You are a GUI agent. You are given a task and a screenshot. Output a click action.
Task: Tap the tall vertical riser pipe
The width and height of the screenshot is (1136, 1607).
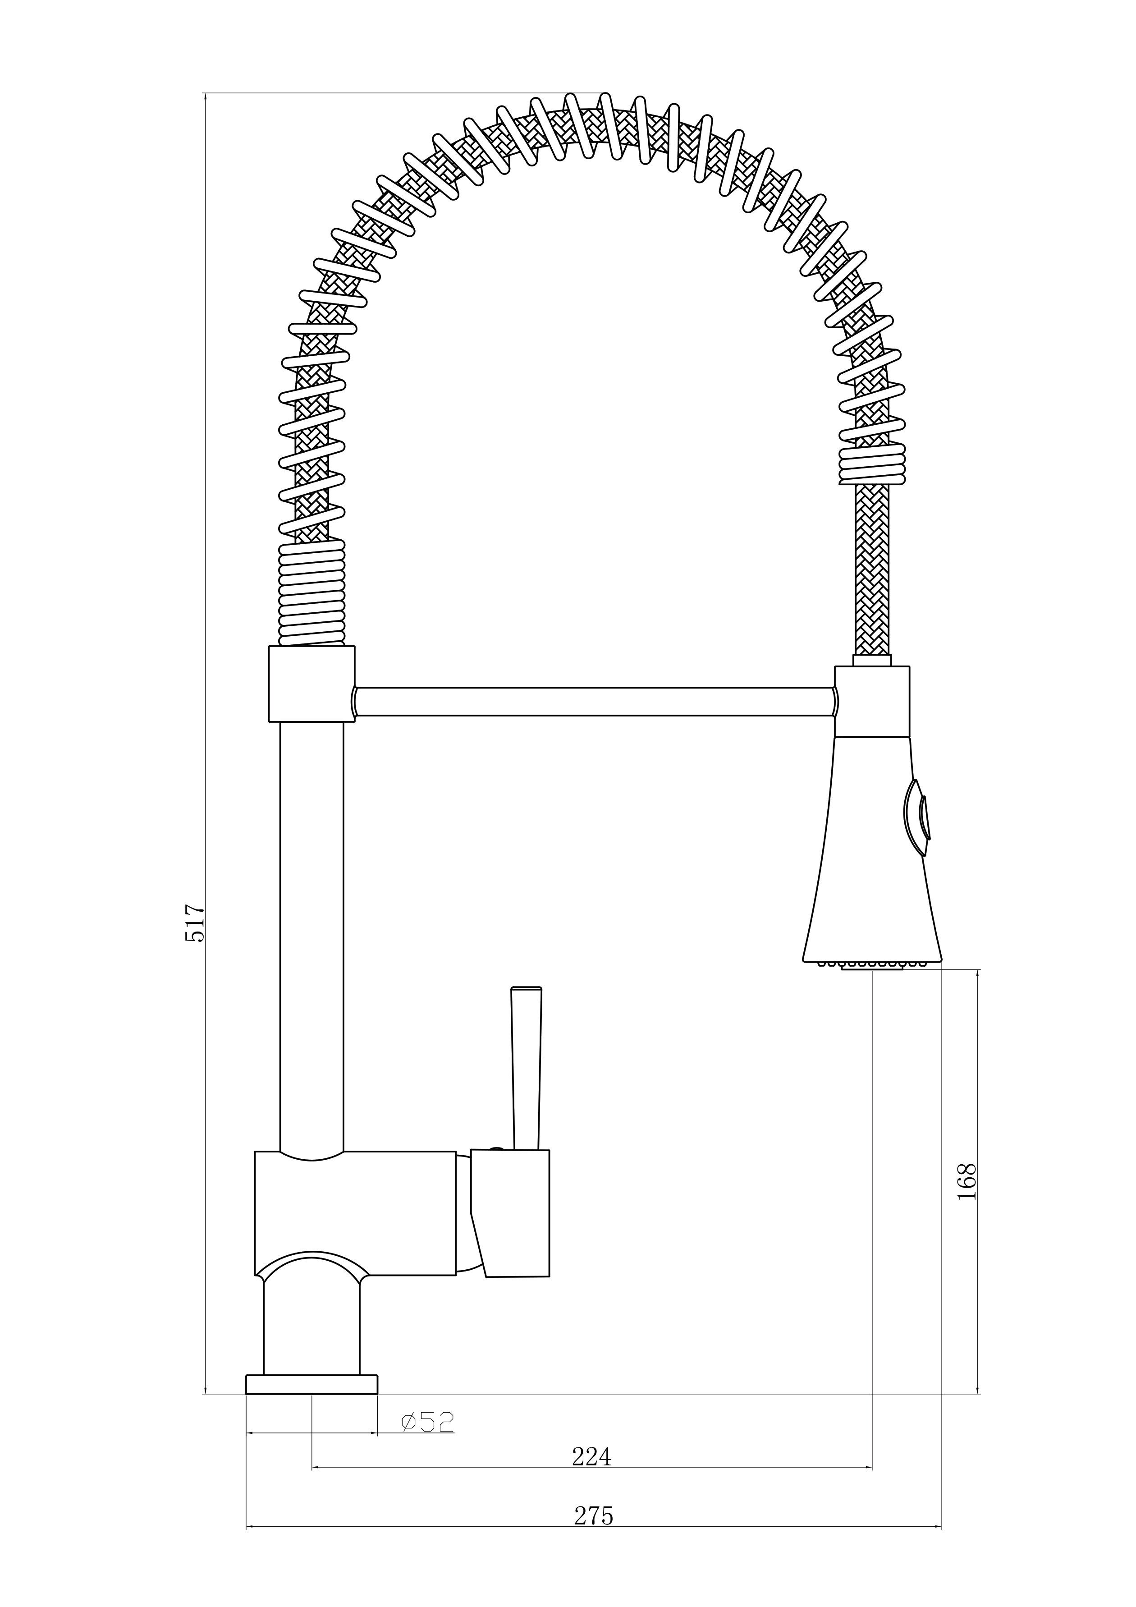(311, 931)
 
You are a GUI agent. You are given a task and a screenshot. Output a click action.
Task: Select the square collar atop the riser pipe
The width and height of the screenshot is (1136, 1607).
(311, 683)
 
